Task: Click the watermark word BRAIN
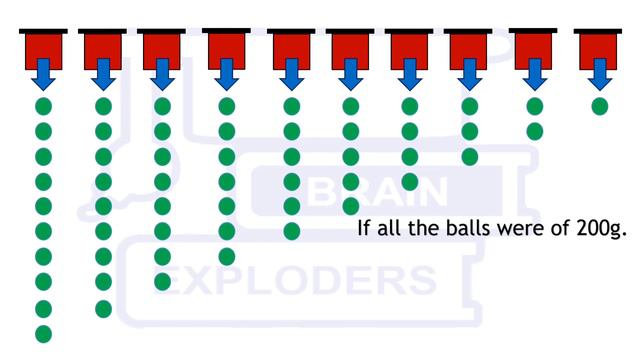384,190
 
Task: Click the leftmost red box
43,49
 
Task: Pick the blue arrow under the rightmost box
600,74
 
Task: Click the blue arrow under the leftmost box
43,74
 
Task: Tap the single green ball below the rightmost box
600,106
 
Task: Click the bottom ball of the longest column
43,333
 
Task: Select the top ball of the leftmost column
43,106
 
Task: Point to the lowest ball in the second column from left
103,308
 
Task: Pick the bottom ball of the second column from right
534,131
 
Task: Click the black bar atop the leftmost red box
43,32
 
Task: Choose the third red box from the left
163,49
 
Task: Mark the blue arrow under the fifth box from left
292,74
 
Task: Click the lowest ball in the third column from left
163,282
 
